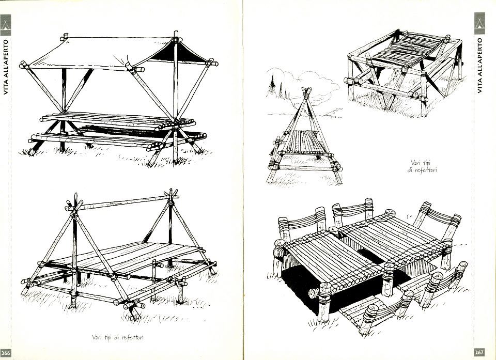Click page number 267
click(479, 352)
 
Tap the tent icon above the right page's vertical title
click(479, 21)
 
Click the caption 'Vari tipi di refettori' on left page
click(118, 338)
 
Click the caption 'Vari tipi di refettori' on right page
click(423, 166)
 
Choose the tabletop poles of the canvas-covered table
click(114, 122)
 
